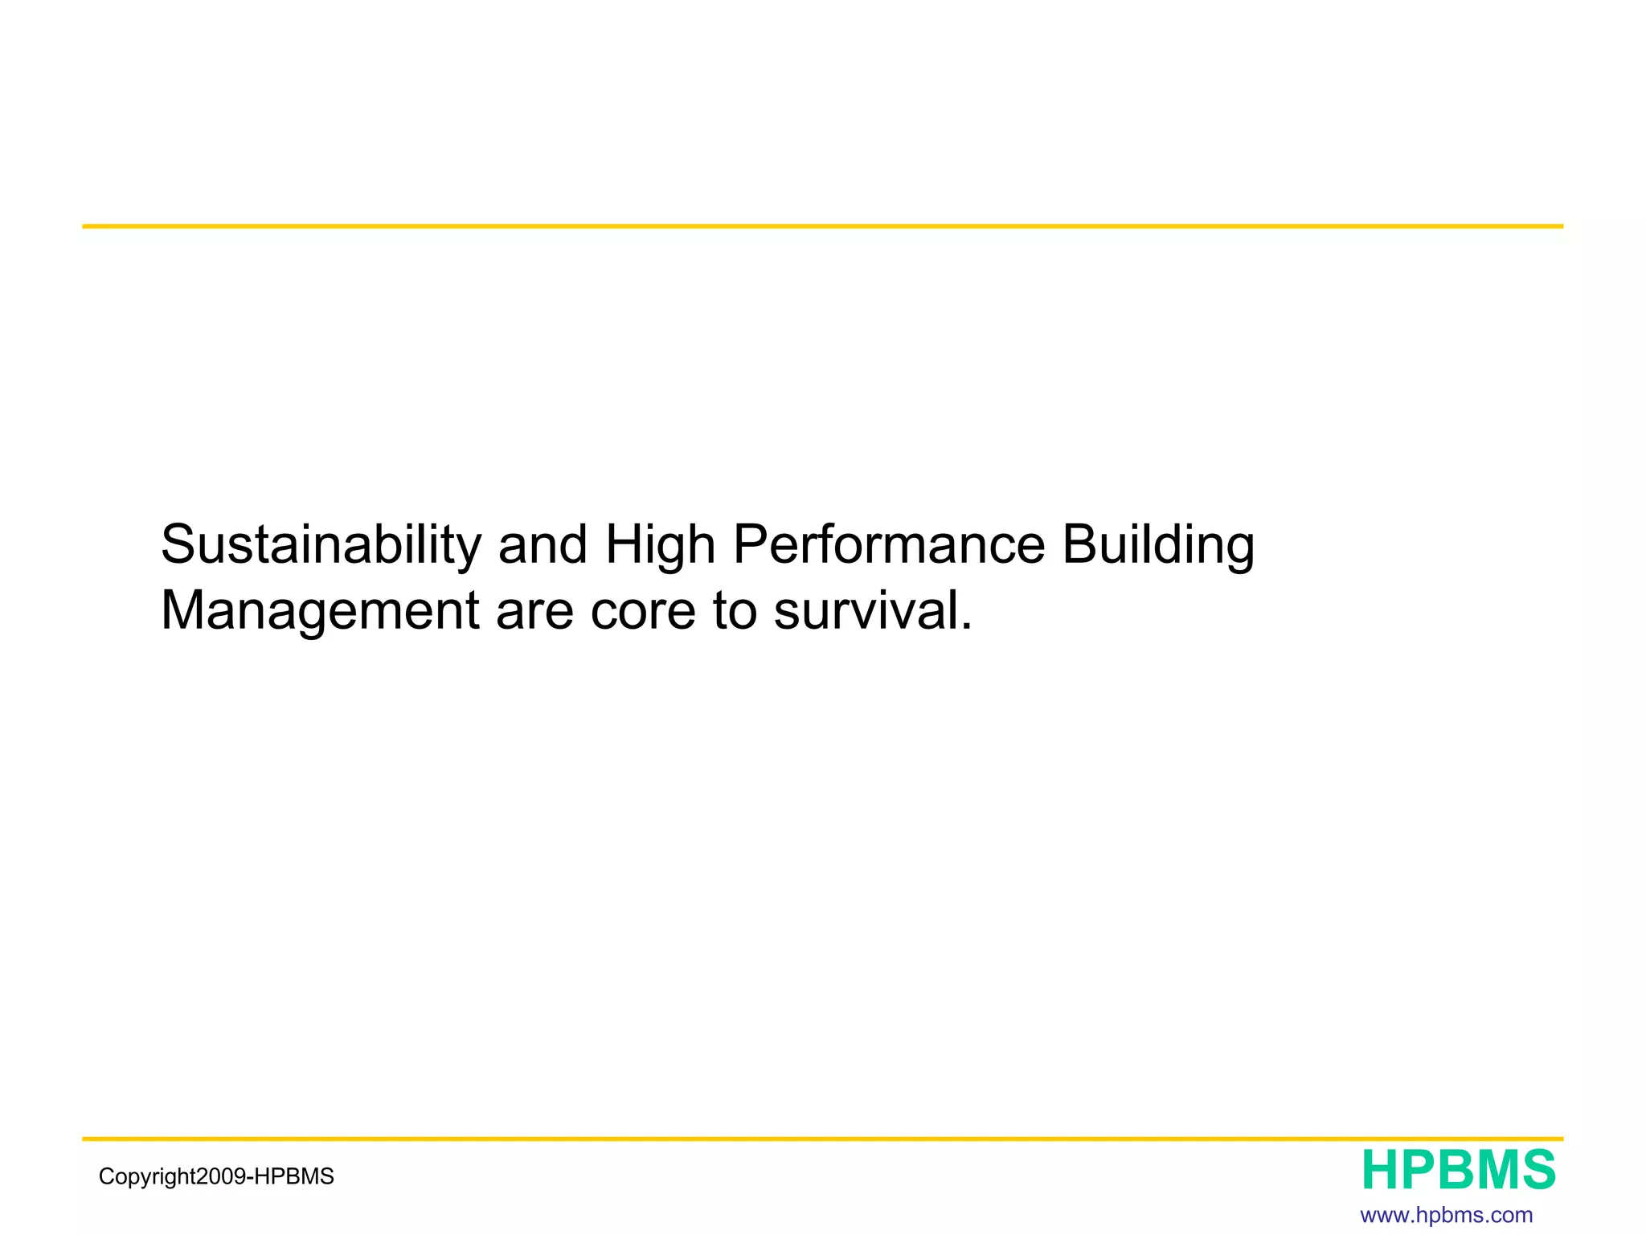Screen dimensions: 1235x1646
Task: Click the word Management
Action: (x=320, y=611)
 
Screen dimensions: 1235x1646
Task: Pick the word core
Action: (x=642, y=611)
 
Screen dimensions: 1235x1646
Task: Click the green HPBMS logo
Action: (x=1459, y=1171)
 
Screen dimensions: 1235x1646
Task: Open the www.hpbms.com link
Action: (x=1447, y=1215)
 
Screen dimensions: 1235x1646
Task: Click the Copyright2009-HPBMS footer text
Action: (x=216, y=1177)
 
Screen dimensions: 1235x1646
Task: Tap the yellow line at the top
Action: (x=822, y=227)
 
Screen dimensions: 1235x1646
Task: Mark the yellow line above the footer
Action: (x=822, y=1139)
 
